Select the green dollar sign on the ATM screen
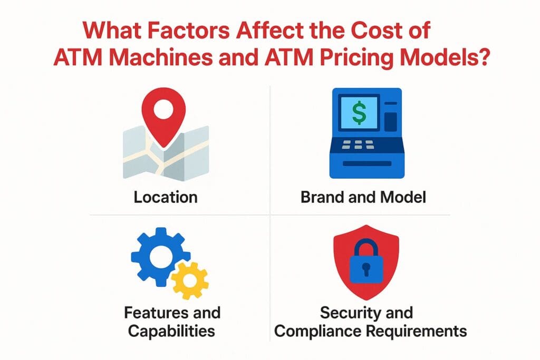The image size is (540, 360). (x=359, y=112)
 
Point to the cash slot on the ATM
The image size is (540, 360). (x=366, y=164)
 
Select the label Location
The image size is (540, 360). (x=165, y=197)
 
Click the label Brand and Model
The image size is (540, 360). (x=363, y=197)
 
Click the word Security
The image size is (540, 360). (x=351, y=313)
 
